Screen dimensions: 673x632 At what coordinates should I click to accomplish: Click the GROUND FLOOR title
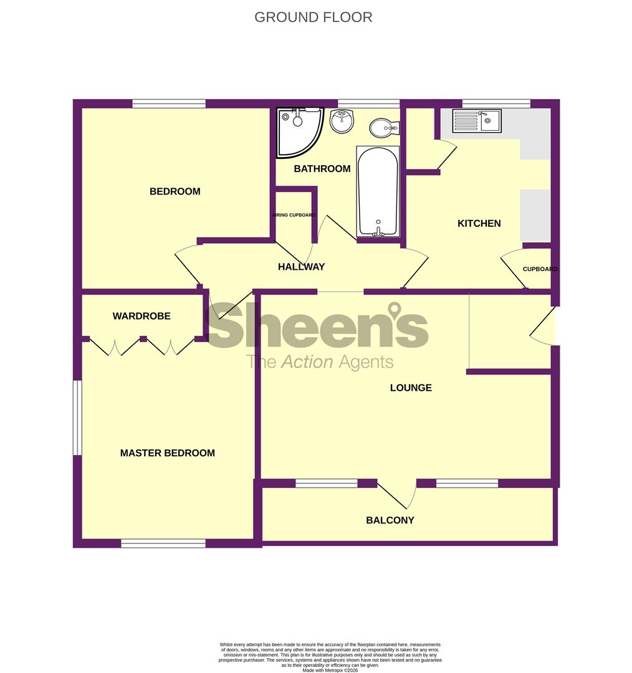tap(313, 17)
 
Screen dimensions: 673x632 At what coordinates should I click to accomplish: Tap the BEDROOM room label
tap(175, 191)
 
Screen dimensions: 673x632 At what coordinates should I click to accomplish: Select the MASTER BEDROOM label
tap(168, 453)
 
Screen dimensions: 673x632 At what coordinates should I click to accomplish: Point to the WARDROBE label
tap(141, 316)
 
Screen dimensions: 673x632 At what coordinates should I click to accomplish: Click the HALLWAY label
tap(302, 267)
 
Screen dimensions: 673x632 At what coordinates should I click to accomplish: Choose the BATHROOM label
tap(322, 168)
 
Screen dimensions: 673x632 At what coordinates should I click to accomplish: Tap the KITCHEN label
tap(479, 223)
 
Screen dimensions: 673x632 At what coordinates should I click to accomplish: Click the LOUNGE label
tap(411, 388)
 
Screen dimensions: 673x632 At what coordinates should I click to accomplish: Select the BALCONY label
tap(390, 520)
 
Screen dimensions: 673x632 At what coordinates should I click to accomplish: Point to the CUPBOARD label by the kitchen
tap(540, 269)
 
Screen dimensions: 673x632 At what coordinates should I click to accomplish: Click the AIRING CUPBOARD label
tap(293, 215)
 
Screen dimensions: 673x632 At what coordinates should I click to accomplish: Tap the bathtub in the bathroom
tap(378, 191)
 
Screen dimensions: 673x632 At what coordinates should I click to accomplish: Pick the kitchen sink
tap(477, 120)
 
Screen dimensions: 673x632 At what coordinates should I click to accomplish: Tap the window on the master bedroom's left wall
tap(77, 418)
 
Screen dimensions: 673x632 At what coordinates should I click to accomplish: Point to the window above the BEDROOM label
tap(169, 103)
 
